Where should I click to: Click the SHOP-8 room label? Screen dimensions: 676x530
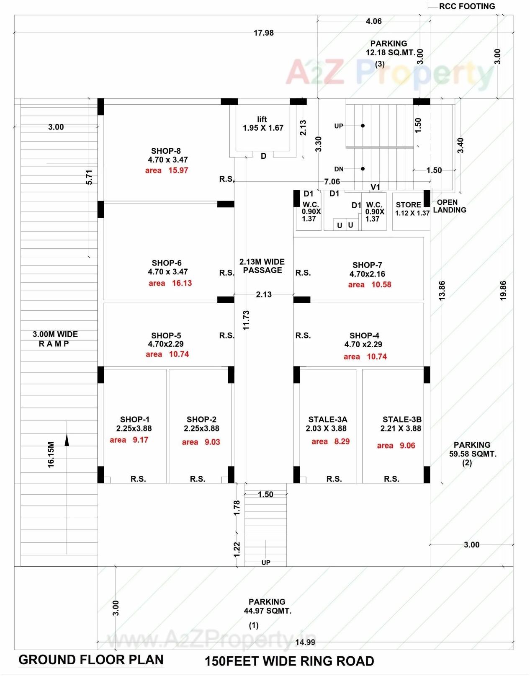click(x=166, y=151)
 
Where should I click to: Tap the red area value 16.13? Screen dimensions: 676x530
click(x=182, y=283)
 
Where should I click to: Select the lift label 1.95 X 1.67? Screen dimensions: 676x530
click(x=263, y=128)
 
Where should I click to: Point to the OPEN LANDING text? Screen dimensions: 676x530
click(x=449, y=206)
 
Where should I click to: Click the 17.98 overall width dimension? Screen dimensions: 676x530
click(x=264, y=33)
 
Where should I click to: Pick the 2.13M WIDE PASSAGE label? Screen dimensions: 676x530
click(x=262, y=266)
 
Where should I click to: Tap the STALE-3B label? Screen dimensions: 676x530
click(x=402, y=419)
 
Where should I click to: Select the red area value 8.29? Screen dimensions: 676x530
click(x=342, y=441)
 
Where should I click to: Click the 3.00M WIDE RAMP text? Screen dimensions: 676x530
click(x=55, y=339)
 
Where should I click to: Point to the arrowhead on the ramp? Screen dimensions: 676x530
click(x=67, y=440)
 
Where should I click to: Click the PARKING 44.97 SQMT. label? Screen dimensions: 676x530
click(x=268, y=606)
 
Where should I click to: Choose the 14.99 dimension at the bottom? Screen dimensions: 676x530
click(x=305, y=642)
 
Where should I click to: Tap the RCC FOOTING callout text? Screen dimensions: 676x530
click(x=467, y=6)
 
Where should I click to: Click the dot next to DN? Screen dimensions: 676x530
click(x=363, y=169)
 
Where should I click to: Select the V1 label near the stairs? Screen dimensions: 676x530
click(x=376, y=187)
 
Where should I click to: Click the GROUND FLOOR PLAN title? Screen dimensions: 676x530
click(x=91, y=660)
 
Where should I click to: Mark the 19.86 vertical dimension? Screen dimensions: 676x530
click(x=503, y=290)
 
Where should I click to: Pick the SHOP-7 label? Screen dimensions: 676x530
click(x=367, y=265)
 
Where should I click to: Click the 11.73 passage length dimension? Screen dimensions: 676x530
click(x=246, y=320)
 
